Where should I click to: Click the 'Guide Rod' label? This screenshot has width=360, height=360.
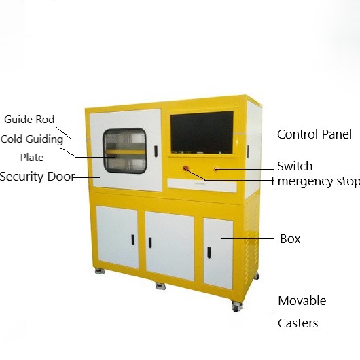pos(29,120)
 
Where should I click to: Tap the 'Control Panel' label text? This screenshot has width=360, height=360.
pos(314,134)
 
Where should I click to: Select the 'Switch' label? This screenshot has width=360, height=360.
pos(295,166)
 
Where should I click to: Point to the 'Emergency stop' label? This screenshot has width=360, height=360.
pos(316,181)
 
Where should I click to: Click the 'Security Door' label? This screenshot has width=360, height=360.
pos(37,177)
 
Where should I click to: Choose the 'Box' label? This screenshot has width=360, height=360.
pos(290,239)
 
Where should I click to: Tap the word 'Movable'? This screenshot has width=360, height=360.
pos(302,301)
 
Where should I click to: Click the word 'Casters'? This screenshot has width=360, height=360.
pos(298,323)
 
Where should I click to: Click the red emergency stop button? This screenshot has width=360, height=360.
pos(185,168)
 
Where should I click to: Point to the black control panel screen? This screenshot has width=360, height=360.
pos(202,132)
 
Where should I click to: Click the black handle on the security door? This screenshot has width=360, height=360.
pos(156,151)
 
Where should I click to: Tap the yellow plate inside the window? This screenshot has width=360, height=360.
pos(126,152)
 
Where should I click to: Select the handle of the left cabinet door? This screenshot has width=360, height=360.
pos(132,240)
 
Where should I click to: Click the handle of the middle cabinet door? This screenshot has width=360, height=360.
pos(150,242)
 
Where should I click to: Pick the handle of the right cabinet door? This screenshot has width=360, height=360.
pos(209,252)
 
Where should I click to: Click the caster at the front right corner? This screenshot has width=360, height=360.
pos(237,307)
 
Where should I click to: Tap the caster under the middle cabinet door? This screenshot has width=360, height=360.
pos(160,286)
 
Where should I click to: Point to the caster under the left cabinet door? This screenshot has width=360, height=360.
pos(100,271)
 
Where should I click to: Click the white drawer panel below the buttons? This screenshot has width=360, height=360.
pos(202,185)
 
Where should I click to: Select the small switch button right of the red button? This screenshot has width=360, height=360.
pos(215,169)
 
